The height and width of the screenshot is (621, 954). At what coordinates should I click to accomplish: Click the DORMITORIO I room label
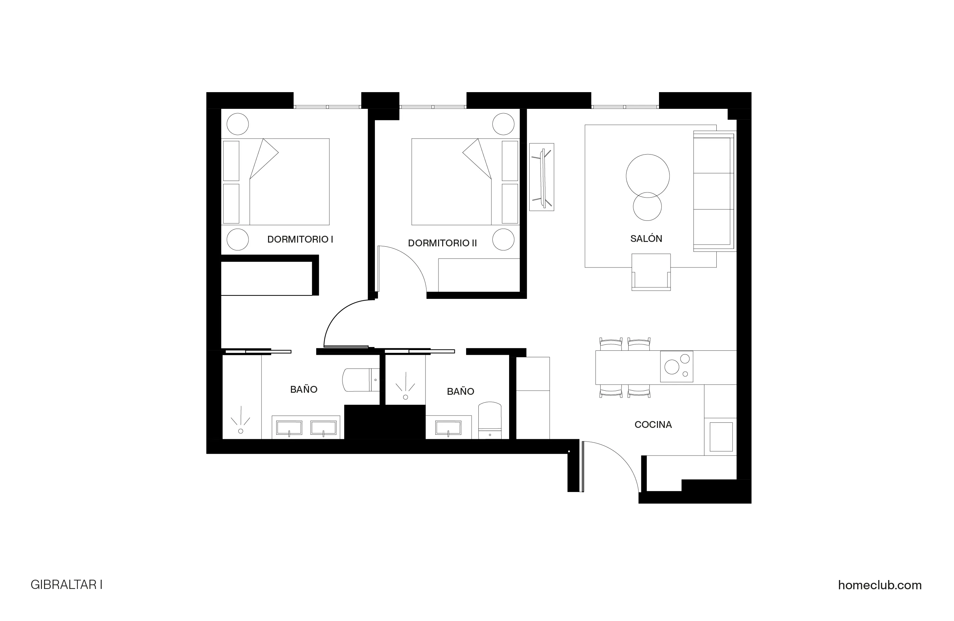click(x=300, y=239)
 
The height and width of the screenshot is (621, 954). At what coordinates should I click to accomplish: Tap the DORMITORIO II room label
click(x=442, y=243)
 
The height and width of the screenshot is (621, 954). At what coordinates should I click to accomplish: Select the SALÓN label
click(x=646, y=239)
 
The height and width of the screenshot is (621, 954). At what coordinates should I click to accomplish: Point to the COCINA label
click(x=653, y=425)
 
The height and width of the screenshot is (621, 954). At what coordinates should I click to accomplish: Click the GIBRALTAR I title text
click(x=67, y=585)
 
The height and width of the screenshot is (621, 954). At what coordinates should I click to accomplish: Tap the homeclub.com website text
click(x=880, y=585)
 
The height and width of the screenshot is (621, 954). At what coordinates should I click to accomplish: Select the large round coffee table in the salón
click(x=647, y=175)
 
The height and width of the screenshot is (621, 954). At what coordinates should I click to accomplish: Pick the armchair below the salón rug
click(x=650, y=272)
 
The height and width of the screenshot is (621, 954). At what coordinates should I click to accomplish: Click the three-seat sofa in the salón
click(x=714, y=191)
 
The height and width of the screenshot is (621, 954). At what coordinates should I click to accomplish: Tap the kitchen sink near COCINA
click(x=721, y=437)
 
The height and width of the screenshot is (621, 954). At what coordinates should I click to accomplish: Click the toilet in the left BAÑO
click(x=361, y=380)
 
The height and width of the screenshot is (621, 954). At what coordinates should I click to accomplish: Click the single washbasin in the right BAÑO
click(x=448, y=428)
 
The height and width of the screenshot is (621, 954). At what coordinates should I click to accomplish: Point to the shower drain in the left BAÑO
click(x=240, y=431)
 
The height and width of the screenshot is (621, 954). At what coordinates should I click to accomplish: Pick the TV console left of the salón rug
click(x=542, y=177)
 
